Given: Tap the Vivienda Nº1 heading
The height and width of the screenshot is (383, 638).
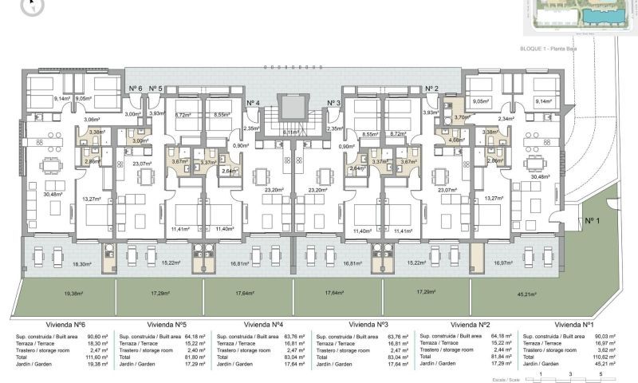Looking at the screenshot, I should pyautogui.click(x=574, y=325).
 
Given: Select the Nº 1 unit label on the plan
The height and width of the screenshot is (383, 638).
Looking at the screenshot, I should pyautogui.click(x=591, y=220).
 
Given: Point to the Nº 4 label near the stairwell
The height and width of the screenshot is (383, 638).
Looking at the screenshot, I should pyautogui.click(x=253, y=103).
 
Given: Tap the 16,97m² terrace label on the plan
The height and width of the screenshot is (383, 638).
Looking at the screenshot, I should pyautogui.click(x=502, y=263).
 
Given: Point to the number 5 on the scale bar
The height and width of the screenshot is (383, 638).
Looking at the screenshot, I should pyautogui.click(x=598, y=373).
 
